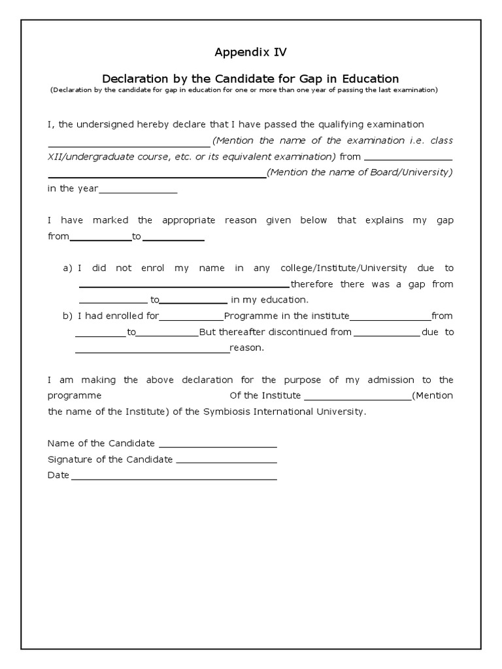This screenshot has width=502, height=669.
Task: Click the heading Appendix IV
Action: (x=251, y=51)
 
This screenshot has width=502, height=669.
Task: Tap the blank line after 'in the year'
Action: (x=138, y=189)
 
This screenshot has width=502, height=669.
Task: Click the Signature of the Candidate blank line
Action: (x=226, y=460)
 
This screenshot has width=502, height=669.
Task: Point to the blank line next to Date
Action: (x=174, y=476)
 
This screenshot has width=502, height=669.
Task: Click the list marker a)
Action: (x=67, y=269)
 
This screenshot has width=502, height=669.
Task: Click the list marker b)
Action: (x=67, y=316)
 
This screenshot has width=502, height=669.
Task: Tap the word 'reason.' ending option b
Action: (x=246, y=348)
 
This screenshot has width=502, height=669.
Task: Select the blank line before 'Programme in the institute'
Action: (x=192, y=317)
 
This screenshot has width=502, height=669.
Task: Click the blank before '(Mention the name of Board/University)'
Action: (x=157, y=174)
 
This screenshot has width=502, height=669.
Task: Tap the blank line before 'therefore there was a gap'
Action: (x=184, y=285)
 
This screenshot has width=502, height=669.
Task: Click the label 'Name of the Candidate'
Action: (x=101, y=444)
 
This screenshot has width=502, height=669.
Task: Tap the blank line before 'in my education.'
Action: (x=193, y=301)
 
